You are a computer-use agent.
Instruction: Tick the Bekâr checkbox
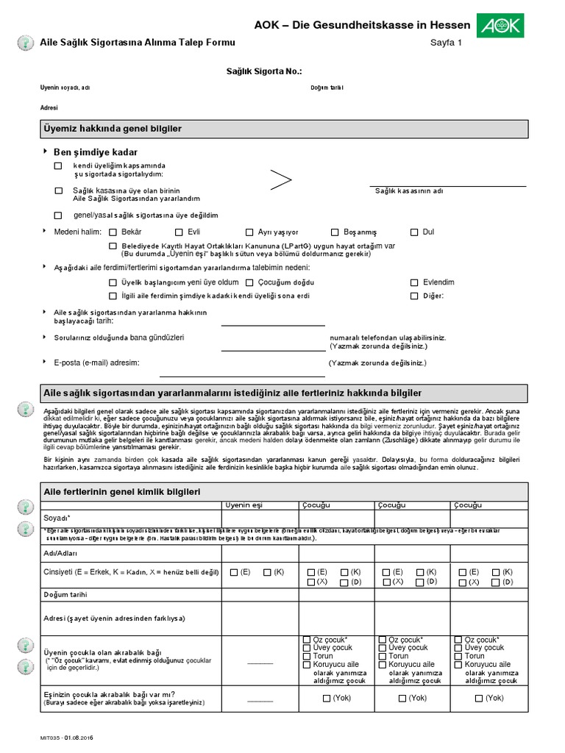pos(113,232)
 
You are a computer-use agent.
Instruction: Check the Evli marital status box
pos(180,232)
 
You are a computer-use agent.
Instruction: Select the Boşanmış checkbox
pos(335,232)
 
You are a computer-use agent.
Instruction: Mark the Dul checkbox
pos(415,232)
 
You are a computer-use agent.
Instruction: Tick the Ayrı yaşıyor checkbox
pos(249,232)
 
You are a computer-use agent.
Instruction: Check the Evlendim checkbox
pos(415,282)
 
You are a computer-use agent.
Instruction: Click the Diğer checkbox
pos(415,296)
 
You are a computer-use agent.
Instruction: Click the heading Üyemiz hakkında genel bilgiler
pos(113,129)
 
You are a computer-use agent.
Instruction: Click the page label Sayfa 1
pos(446,43)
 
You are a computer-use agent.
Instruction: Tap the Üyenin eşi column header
pos(242,505)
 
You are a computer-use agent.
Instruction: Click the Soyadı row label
pos(57,518)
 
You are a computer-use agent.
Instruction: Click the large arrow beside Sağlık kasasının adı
pos(280,179)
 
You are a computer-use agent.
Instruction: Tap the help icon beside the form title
pos(24,43)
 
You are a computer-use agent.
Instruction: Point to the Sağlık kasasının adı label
pos(409,191)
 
